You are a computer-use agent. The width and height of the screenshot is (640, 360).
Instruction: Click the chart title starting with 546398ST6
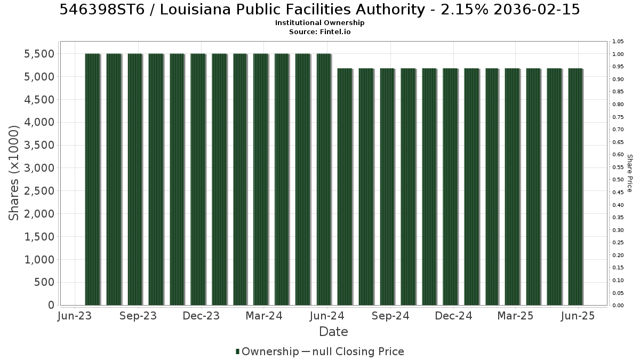point(319,10)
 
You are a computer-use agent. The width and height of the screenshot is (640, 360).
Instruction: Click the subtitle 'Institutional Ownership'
point(319,23)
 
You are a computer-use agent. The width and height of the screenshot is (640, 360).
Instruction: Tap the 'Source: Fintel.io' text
point(319,31)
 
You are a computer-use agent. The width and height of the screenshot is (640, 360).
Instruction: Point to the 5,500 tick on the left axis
point(39,54)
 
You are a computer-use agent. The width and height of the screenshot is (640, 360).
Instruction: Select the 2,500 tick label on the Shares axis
point(39,191)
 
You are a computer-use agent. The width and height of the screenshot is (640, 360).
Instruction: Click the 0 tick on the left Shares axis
point(51,305)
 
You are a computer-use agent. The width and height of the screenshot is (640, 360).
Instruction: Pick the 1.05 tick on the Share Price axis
point(618,42)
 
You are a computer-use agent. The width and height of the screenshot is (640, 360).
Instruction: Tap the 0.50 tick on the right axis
point(618,180)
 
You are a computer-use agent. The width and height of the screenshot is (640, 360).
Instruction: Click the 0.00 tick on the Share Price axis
point(618,306)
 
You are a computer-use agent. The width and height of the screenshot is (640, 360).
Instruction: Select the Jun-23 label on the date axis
point(75,316)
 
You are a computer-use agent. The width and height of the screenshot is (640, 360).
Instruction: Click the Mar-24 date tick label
point(264,316)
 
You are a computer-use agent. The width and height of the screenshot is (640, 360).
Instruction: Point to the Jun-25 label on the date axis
point(578,316)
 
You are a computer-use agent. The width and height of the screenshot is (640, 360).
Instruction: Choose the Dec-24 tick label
point(453,316)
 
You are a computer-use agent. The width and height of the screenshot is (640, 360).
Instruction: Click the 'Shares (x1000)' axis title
point(14,173)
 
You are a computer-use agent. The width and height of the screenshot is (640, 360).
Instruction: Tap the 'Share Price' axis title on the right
point(630,173)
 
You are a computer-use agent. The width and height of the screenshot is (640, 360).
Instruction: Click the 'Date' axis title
point(333,332)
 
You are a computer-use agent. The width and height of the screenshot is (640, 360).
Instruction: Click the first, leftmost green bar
point(93,179)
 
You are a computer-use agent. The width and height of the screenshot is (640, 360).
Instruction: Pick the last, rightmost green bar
point(575,187)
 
